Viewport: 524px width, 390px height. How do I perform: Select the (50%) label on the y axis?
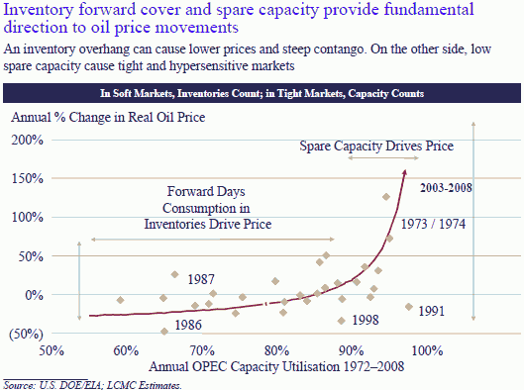[x=26, y=334]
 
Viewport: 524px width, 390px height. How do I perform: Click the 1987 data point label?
[x=202, y=280]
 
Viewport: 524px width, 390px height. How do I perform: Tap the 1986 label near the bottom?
[x=188, y=326]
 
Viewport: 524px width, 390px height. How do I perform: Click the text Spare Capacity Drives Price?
[x=376, y=146]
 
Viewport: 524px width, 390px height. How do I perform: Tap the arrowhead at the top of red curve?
[x=404, y=173]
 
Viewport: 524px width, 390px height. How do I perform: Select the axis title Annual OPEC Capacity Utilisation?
[x=234, y=366]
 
